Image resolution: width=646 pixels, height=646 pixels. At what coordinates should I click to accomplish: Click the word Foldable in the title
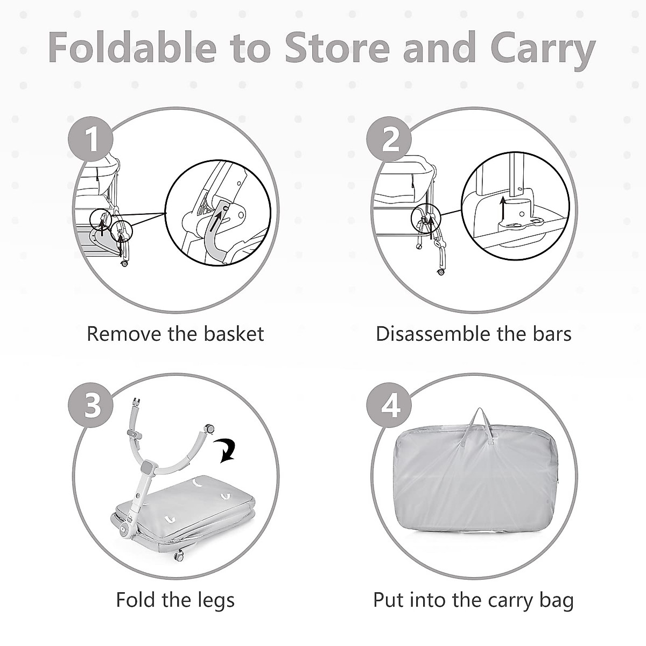(132, 48)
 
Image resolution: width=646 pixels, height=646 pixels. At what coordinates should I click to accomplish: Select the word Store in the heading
(336, 48)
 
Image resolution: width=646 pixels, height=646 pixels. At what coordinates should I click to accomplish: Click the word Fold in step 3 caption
(135, 600)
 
